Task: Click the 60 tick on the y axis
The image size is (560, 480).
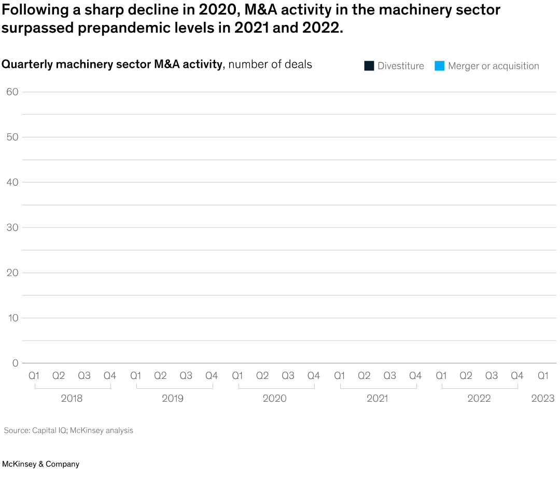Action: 12,92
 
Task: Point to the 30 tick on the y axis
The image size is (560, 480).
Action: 12,228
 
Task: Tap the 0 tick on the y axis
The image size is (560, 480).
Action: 15,363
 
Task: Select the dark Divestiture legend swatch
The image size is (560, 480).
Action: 369,66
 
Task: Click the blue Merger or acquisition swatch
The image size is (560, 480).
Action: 440,66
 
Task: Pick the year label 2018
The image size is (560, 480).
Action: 72,399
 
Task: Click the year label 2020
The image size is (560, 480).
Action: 274,399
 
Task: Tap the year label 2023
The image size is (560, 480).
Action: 543,399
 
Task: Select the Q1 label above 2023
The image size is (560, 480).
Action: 543,376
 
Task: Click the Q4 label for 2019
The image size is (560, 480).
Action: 212,376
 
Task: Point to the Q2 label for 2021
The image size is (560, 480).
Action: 364,376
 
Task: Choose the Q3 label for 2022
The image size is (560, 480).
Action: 492,376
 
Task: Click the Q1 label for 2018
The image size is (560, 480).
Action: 34,376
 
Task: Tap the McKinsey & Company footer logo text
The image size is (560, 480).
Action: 40,464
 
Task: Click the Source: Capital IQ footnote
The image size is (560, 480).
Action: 68,430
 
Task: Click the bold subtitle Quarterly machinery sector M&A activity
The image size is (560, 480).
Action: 111,64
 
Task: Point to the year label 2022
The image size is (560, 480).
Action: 479,399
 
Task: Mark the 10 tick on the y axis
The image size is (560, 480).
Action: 12,318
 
